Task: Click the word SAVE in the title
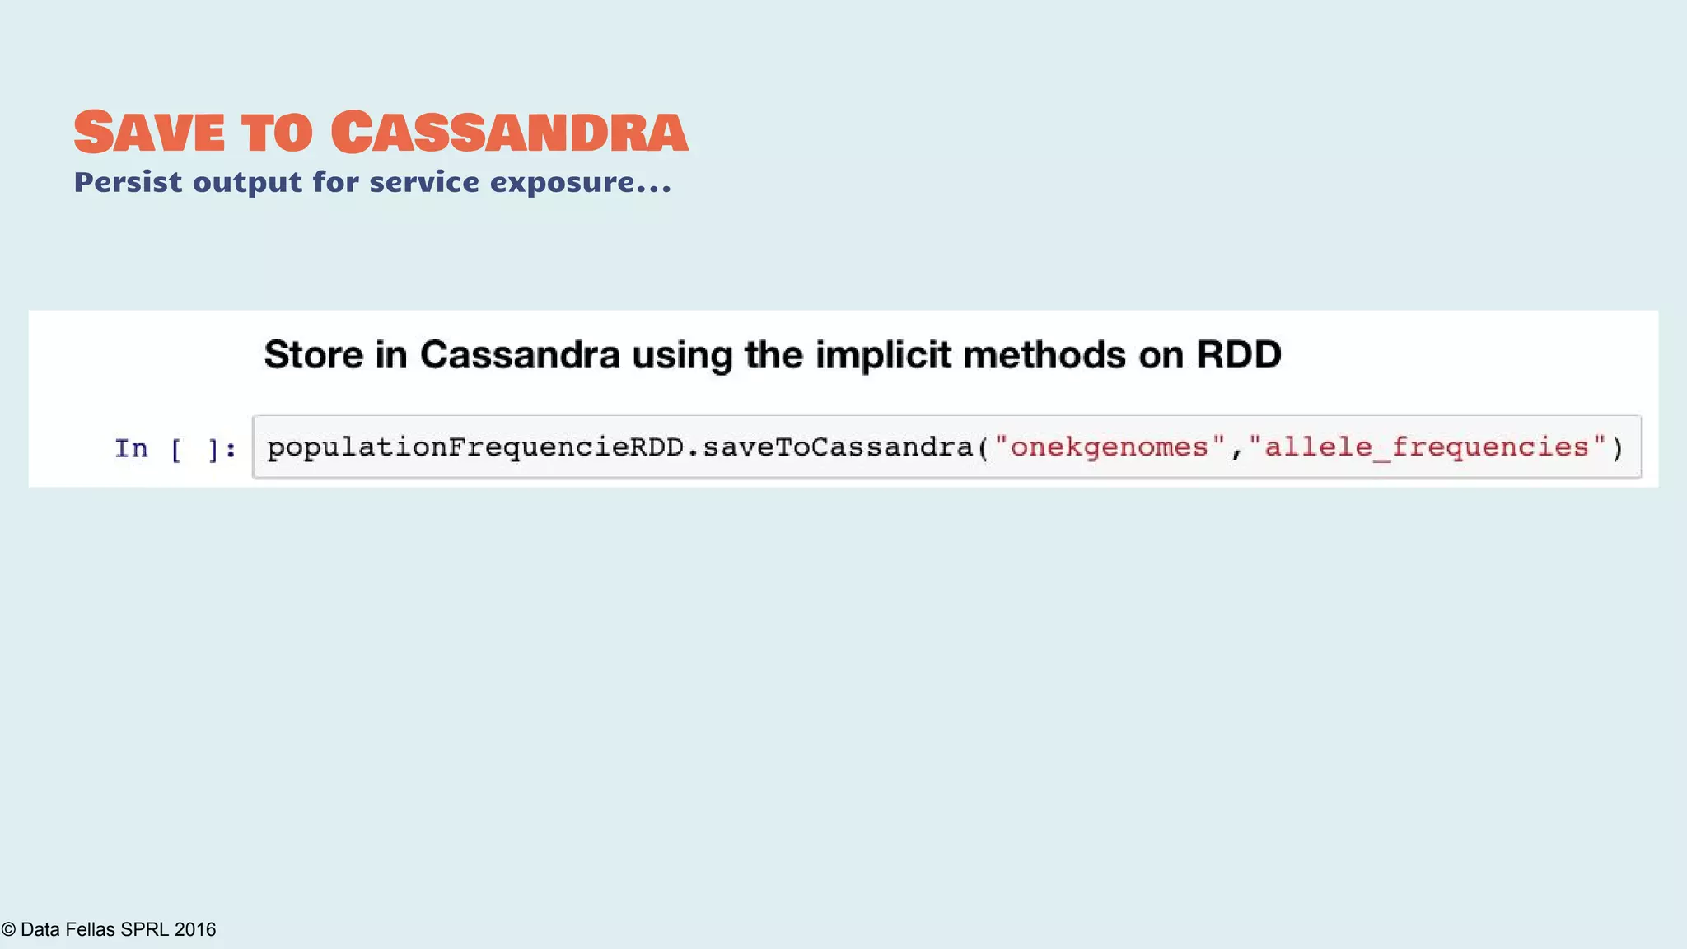[149, 132]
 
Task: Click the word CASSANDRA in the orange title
[509, 132]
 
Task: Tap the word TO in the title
[277, 133]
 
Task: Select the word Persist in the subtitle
[128, 182]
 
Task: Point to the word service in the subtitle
[423, 182]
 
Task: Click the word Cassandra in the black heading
[520, 355]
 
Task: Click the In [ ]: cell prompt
[175, 449]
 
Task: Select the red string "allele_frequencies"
[1427, 447]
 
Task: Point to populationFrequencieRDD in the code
[475, 447]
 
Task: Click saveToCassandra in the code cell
[838, 447]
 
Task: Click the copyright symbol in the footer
[8, 929]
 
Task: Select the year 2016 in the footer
[195, 929]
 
